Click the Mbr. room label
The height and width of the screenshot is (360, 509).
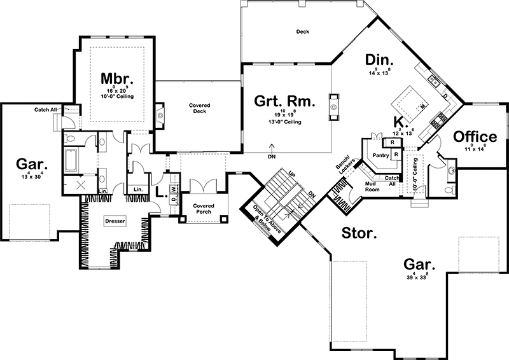tap(118, 79)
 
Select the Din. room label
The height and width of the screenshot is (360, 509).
tap(380, 60)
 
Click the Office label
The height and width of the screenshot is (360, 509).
tap(475, 137)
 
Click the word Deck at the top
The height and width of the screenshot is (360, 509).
tap(303, 31)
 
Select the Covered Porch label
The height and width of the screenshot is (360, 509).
tap(204, 209)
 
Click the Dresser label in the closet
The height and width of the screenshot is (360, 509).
tap(116, 221)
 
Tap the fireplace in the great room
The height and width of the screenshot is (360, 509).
tap(333, 106)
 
